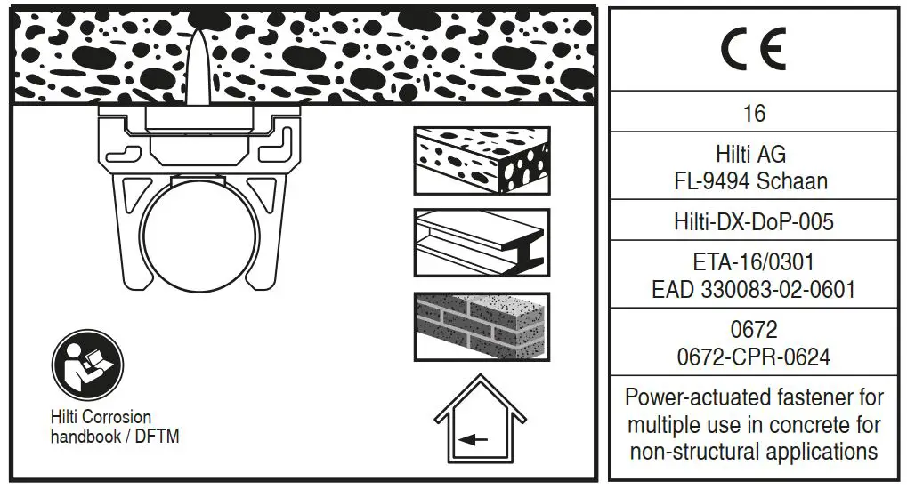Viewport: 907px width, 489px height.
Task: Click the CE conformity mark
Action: pos(753,50)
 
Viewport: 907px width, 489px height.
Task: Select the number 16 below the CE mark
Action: pos(754,114)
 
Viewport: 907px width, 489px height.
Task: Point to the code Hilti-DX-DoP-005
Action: pos(753,221)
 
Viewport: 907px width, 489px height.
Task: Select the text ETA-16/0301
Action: pos(753,262)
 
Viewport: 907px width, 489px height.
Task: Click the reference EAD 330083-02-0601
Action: pos(753,289)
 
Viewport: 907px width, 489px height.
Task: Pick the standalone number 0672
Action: pos(753,330)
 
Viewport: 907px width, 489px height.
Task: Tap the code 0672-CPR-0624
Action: pos(753,357)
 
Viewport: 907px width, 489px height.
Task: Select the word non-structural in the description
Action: pos(689,451)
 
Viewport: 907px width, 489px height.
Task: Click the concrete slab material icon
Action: pos(482,161)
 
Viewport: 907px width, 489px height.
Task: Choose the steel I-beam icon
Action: pos(482,243)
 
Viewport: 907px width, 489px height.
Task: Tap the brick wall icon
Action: pos(482,326)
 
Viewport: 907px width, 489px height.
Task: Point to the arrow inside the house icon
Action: pos(474,437)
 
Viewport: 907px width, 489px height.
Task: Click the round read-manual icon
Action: pos(87,365)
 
